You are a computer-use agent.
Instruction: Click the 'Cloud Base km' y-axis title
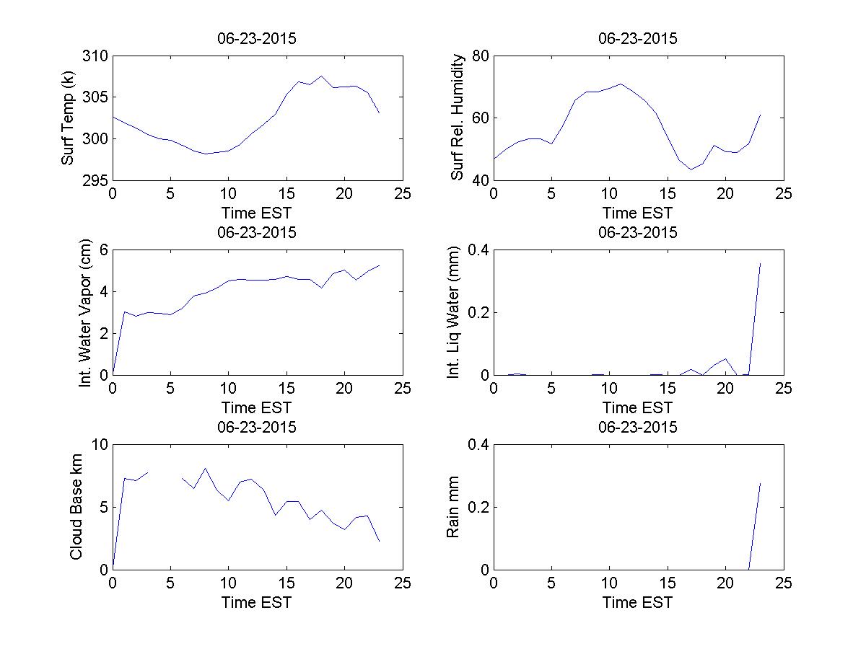[x=76, y=507]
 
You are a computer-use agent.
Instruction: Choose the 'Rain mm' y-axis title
[x=453, y=507]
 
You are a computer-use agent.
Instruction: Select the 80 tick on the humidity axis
[x=481, y=56]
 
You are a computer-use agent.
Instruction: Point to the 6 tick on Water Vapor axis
[x=103, y=250]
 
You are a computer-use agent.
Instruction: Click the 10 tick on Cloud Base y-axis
[x=99, y=445]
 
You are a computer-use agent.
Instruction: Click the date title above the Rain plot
[x=638, y=427]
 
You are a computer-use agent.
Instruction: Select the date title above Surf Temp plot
[x=257, y=39]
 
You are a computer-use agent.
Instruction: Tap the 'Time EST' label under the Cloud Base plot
[x=257, y=602]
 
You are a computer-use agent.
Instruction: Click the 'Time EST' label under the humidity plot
[x=638, y=213]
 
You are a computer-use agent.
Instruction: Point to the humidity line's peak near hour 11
[x=621, y=84]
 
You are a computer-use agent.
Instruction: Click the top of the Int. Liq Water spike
[x=760, y=263]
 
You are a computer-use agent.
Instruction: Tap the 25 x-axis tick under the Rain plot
[x=784, y=583]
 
